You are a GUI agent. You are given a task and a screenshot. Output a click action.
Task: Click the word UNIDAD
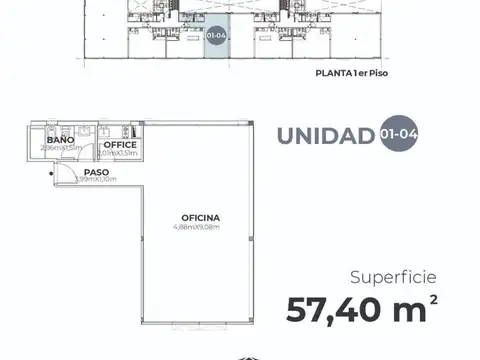[326, 137]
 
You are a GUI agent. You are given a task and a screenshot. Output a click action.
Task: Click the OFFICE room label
[118, 145]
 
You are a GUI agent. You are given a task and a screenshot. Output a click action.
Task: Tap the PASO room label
[96, 172]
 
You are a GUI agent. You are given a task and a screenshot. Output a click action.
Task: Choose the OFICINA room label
[200, 217]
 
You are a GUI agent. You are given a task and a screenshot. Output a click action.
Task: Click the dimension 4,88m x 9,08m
[200, 226]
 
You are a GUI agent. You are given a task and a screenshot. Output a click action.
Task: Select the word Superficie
[393, 276]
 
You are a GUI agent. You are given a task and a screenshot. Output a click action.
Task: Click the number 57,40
[337, 310]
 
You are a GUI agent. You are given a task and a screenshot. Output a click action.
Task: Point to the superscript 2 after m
[433, 299]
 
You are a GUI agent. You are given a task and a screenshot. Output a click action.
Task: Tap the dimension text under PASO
[96, 180]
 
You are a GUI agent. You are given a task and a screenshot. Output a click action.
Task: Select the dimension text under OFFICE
[118, 153]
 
